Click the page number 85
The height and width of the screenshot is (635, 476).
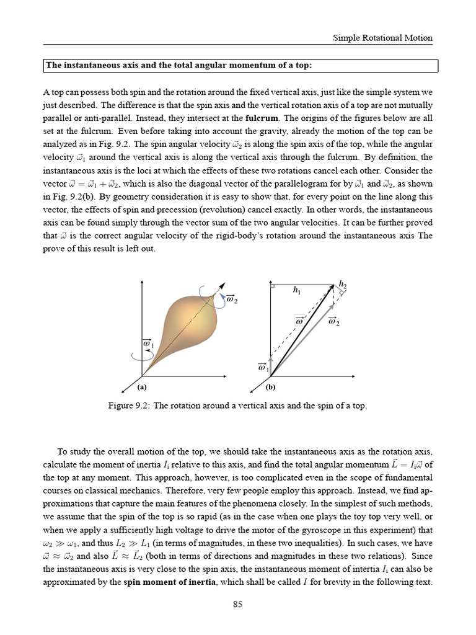click(237, 605)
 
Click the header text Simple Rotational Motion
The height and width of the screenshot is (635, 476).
click(383, 38)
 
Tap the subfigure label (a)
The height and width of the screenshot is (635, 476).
click(142, 387)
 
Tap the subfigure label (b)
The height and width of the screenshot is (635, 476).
click(270, 387)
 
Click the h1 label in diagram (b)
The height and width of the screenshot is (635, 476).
click(297, 290)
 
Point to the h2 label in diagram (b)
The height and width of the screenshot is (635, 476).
click(342, 284)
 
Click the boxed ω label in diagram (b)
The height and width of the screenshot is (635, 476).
click(300, 321)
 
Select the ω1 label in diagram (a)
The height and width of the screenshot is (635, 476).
click(148, 343)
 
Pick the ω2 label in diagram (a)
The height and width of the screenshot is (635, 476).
click(232, 300)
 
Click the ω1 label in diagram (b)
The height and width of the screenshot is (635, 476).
click(263, 368)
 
